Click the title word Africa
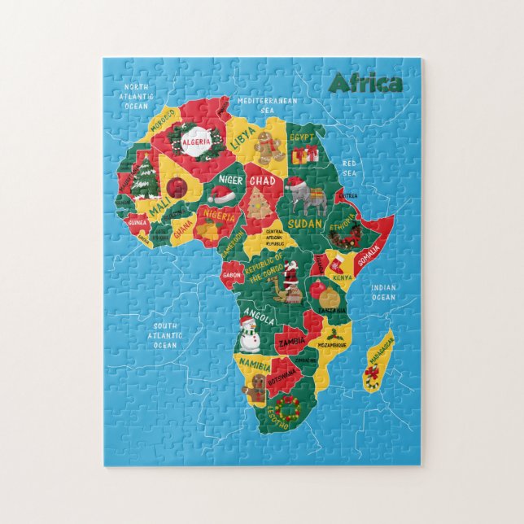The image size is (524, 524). point(365,84)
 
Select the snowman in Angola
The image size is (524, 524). point(248,333)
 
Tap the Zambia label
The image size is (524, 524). point(291,343)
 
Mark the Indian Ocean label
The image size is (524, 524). point(383,292)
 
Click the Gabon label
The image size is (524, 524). point(232,275)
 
